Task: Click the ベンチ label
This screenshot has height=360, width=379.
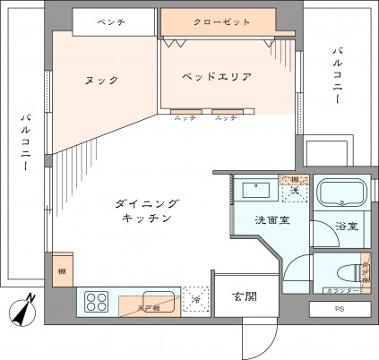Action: pos(111,20)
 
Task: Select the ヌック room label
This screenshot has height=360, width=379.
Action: pos(102,81)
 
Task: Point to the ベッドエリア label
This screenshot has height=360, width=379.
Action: pos(216,77)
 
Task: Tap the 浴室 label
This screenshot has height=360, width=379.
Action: pos(347,227)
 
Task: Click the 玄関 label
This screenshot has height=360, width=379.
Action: pos(245,297)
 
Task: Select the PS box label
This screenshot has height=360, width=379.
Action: pos(340,310)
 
